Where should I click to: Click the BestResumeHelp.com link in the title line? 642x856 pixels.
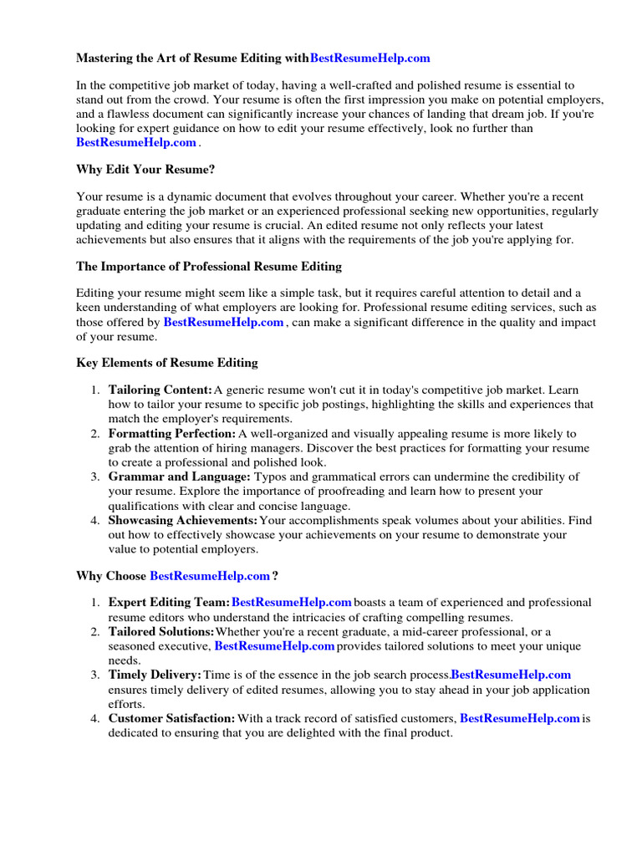[x=370, y=59]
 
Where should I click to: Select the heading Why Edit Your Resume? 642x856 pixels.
[x=145, y=170]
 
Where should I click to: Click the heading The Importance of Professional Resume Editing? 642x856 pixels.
[x=209, y=267]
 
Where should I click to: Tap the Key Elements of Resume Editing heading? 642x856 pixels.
[x=167, y=363]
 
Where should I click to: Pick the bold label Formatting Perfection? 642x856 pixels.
[x=172, y=434]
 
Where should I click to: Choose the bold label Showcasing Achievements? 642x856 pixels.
[x=183, y=520]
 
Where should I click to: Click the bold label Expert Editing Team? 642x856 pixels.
[x=169, y=603]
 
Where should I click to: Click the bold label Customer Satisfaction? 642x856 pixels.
[x=172, y=718]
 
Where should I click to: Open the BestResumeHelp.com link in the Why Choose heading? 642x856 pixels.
[x=210, y=576]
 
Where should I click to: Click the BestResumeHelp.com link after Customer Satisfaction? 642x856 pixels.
[x=520, y=718]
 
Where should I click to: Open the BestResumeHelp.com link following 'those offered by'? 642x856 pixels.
[x=224, y=322]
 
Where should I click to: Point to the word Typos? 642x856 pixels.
[x=267, y=476]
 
